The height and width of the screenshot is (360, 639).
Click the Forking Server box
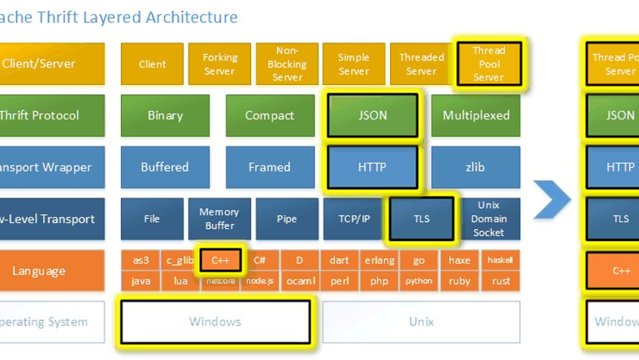pos(219,64)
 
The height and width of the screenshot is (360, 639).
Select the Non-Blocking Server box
pos(287,64)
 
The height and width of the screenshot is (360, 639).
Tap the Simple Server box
pos(354,64)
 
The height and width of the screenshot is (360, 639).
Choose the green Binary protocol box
pos(165,115)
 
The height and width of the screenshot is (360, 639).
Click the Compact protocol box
pos(270,115)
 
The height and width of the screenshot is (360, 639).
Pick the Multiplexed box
pos(476,115)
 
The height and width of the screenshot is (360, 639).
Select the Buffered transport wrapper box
pos(165,167)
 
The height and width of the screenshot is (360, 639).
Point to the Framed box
pos(270,167)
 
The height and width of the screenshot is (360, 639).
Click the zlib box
pos(476,167)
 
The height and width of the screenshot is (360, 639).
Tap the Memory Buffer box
pos(219,219)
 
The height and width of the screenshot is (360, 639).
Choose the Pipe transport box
pos(287,219)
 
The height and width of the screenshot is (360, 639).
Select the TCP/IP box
pos(354,219)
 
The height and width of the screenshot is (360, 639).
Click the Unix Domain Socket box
pos(489,219)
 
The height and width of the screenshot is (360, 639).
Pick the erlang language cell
pos(379,261)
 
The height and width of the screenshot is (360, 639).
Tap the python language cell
pos(419,282)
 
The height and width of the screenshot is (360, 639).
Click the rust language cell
pos(501,282)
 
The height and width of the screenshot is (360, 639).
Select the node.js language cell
pos(260,282)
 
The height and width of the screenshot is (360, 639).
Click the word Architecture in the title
pos(191,17)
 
